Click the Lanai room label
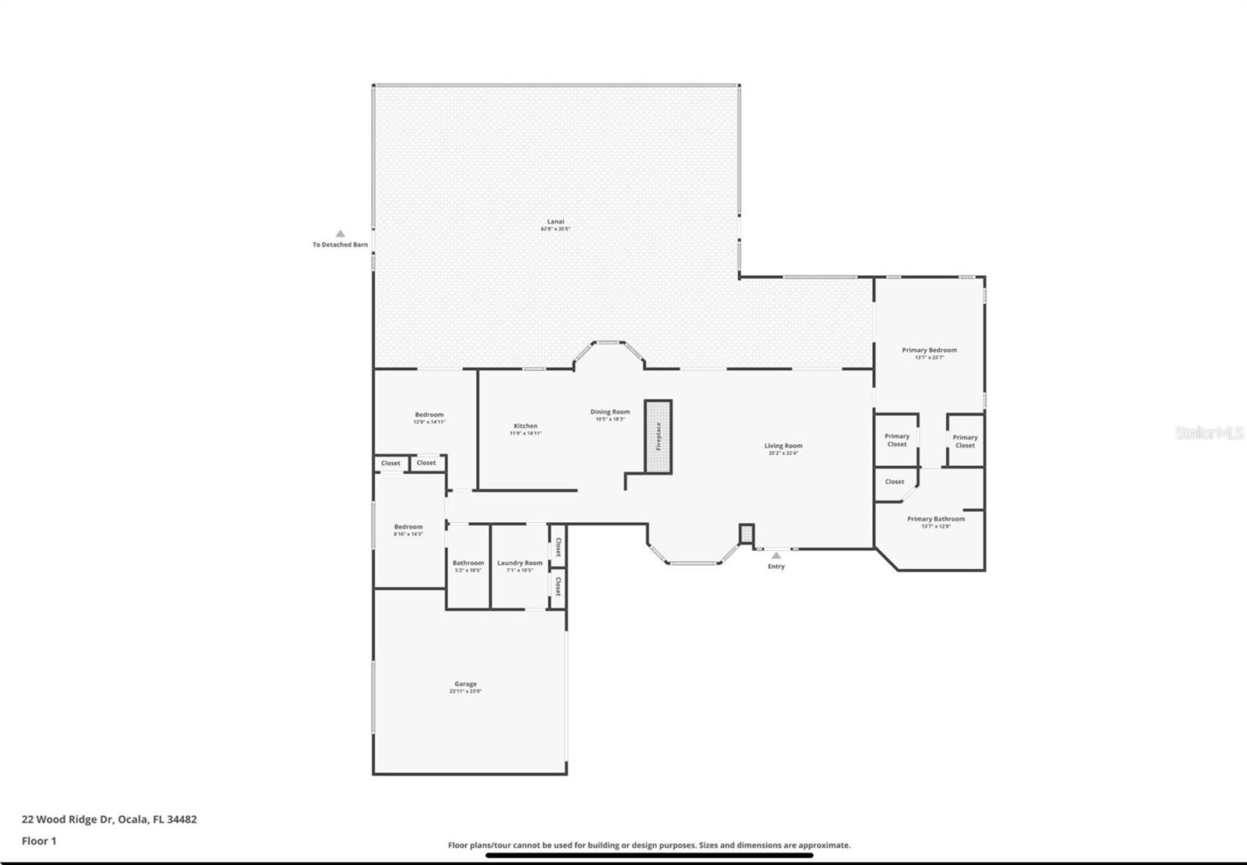click(555, 221)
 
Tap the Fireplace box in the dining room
click(659, 436)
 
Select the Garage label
click(465, 684)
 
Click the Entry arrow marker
click(775, 556)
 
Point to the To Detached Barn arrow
click(340, 234)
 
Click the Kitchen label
click(525, 426)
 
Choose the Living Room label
click(783, 446)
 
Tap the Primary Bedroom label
click(929, 350)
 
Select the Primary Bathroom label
click(935, 519)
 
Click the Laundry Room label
click(520, 563)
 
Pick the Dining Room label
click(609, 411)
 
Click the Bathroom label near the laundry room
click(468, 563)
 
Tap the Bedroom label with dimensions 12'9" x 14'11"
click(429, 415)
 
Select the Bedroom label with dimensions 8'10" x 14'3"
click(408, 527)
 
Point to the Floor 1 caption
click(39, 841)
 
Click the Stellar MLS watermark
click(1209, 432)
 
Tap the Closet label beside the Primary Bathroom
click(894, 482)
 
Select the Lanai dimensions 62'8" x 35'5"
click(555, 229)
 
